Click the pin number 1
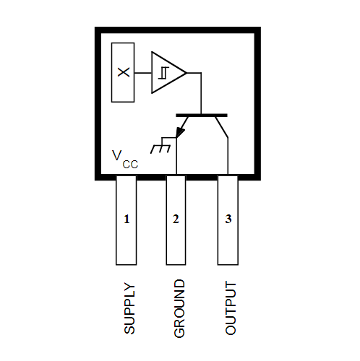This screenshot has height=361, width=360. pyautogui.click(x=127, y=219)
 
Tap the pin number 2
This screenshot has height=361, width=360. pyautogui.click(x=176, y=219)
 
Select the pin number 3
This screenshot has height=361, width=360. pyautogui.click(x=228, y=219)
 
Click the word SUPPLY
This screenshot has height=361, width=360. pyautogui.click(x=129, y=308)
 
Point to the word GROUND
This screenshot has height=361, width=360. pyautogui.click(x=179, y=308)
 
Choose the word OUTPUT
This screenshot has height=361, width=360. pyautogui.click(x=231, y=308)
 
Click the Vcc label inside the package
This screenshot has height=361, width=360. pyautogui.click(x=125, y=159)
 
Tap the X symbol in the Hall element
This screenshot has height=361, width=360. pyautogui.click(x=124, y=72)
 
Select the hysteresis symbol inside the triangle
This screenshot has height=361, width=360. pyautogui.click(x=163, y=73)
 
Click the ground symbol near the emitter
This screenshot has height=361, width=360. pyautogui.click(x=160, y=146)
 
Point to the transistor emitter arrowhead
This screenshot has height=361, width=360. pyautogui.click(x=180, y=133)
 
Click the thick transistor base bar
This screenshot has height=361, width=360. pyautogui.click(x=202, y=116)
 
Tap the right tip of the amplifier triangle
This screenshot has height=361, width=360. pyautogui.click(x=187, y=72)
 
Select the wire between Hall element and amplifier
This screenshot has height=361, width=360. pyautogui.click(x=143, y=73)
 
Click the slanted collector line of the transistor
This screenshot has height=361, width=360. pyautogui.click(x=221, y=127)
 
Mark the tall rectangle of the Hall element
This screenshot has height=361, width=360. pyautogui.click(x=123, y=72)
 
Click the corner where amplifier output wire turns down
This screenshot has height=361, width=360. pyautogui.click(x=201, y=73)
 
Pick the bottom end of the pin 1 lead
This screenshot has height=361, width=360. pyautogui.click(x=127, y=265)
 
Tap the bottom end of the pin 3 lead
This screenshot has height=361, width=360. pyautogui.click(x=228, y=265)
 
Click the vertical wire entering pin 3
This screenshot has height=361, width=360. pyautogui.click(x=228, y=156)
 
